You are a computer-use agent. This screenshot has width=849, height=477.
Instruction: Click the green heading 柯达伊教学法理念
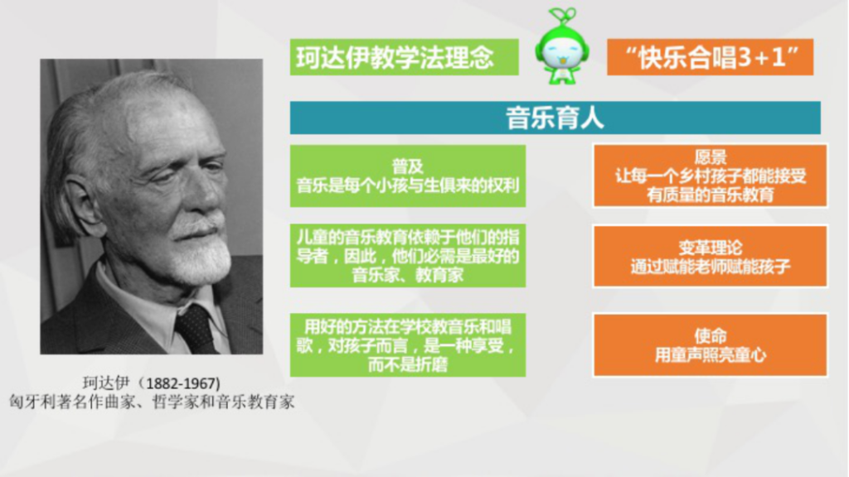tap(395, 57)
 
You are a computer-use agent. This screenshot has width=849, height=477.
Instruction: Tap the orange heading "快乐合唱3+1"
tap(711, 57)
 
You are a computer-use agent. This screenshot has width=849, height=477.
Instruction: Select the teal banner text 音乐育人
tap(555, 118)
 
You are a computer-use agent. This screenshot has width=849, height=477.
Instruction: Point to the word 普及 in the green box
tap(408, 166)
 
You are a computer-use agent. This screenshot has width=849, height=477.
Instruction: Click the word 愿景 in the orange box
tap(711, 157)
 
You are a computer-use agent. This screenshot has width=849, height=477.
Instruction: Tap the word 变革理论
tap(711, 248)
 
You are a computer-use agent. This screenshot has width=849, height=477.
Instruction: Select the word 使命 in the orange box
tap(711, 336)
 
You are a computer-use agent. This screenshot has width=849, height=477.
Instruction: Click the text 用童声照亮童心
tap(711, 354)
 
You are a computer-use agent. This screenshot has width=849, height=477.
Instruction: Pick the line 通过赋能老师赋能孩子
tap(711, 266)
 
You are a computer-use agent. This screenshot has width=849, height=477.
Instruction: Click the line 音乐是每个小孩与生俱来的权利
tap(408, 185)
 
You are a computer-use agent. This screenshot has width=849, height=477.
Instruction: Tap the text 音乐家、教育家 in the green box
tap(408, 275)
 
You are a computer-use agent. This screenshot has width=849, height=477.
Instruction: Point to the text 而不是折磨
tap(408, 364)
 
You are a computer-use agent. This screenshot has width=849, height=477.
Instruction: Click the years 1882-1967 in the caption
tap(183, 383)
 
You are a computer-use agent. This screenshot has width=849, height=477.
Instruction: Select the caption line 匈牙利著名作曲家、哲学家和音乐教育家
tap(153, 402)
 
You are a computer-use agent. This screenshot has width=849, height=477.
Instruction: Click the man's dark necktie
tap(195, 328)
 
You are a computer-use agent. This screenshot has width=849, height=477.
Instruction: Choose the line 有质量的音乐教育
tap(711, 195)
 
